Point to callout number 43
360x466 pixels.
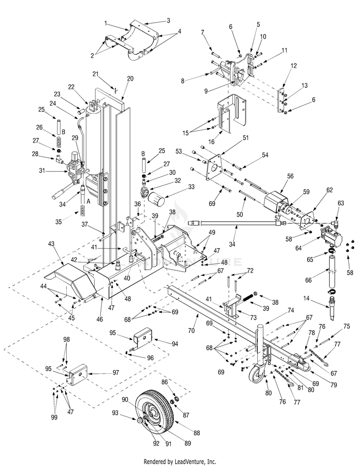[x=51, y=244]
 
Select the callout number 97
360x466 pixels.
[x=102, y=372]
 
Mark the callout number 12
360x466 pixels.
[x=293, y=65]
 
